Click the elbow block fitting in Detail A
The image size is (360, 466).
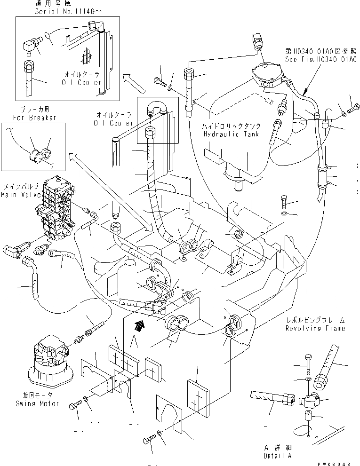click(309, 400)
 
